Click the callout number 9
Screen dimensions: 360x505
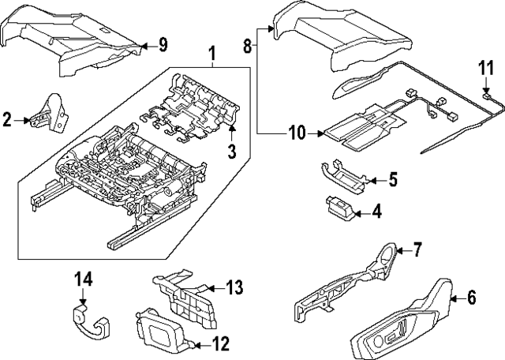[x=163, y=44]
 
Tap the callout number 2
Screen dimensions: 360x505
[x=7, y=120]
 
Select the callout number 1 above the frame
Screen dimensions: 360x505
[x=211, y=54]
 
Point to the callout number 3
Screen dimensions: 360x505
[x=233, y=151]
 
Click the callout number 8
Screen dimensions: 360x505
[x=248, y=47]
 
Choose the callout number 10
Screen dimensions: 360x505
[x=296, y=133]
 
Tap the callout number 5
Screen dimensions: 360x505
[x=392, y=180]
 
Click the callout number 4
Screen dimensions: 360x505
[x=376, y=212]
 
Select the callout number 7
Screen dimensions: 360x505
[x=418, y=250]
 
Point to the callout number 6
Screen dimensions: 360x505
[x=471, y=298]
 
